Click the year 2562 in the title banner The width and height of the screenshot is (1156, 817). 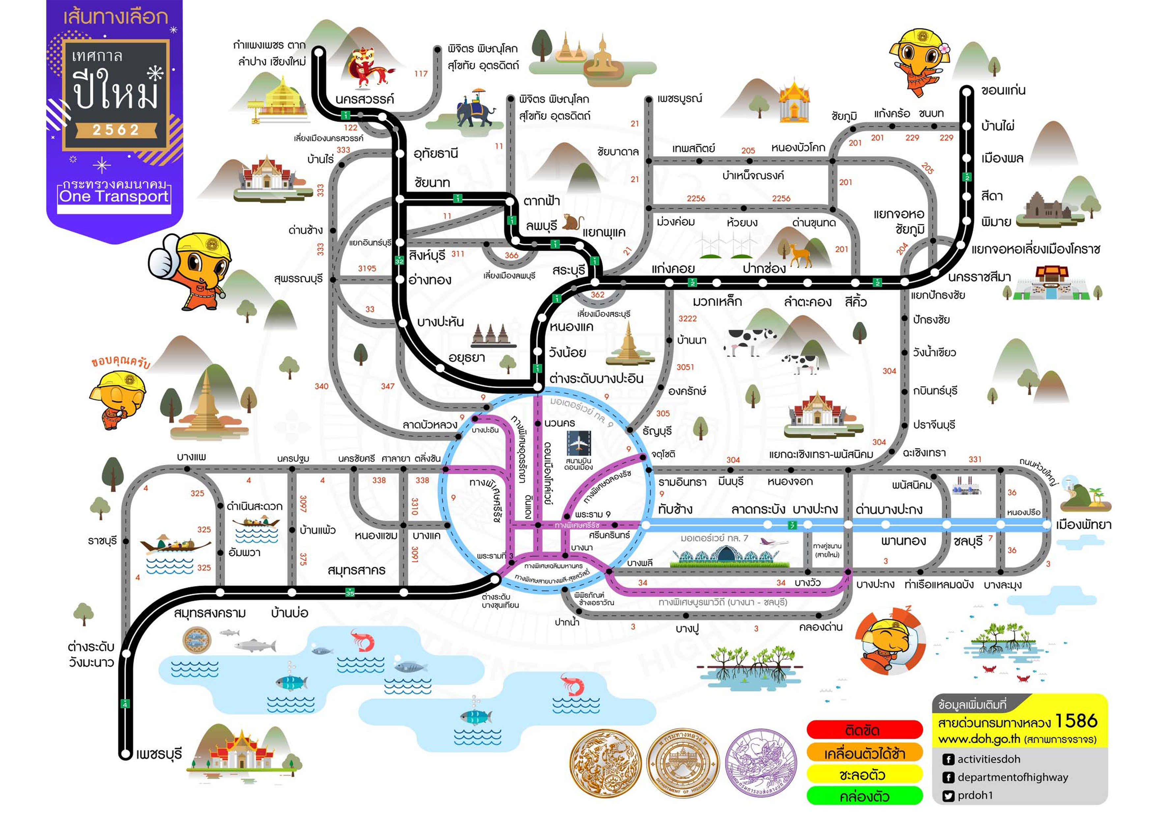pos(115,130)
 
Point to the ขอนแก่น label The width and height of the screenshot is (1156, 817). pos(1003,91)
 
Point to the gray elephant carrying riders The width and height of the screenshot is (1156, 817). pos(475,112)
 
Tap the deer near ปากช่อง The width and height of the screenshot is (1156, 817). pos(799,255)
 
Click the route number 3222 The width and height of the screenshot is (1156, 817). pos(687,319)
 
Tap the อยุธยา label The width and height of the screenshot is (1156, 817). pos(466,358)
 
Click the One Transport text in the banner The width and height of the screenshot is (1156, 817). pos(114,196)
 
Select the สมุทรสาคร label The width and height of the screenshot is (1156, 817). pos(357,570)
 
